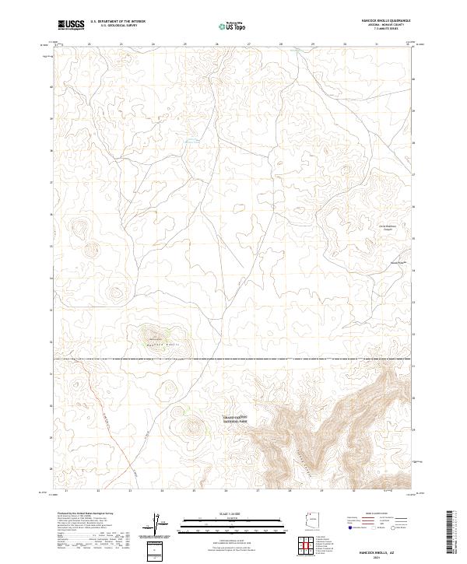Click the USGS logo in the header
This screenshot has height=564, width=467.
pos(71,26)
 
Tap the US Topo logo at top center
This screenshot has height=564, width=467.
pos(233,26)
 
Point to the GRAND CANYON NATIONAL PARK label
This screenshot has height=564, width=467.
pos(235,419)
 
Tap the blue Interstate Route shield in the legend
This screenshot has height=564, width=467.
pos(349,527)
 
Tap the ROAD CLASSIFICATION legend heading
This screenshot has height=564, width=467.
pos(377,514)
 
